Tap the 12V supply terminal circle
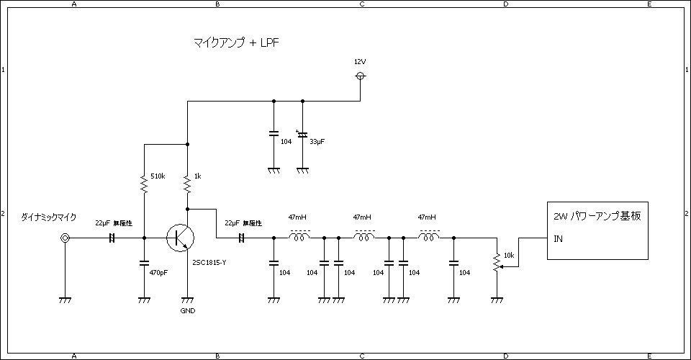click(x=361, y=76)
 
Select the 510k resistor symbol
click(x=144, y=186)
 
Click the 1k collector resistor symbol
click(x=187, y=186)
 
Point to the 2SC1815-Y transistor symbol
click(x=179, y=238)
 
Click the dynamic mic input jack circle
click(x=66, y=238)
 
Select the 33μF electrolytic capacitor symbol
click(x=302, y=135)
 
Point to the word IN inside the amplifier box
click(x=559, y=238)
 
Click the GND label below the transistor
click(x=187, y=311)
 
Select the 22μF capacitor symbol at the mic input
click(x=112, y=238)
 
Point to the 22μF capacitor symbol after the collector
click(x=242, y=238)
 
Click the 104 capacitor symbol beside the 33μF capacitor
click(x=274, y=134)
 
